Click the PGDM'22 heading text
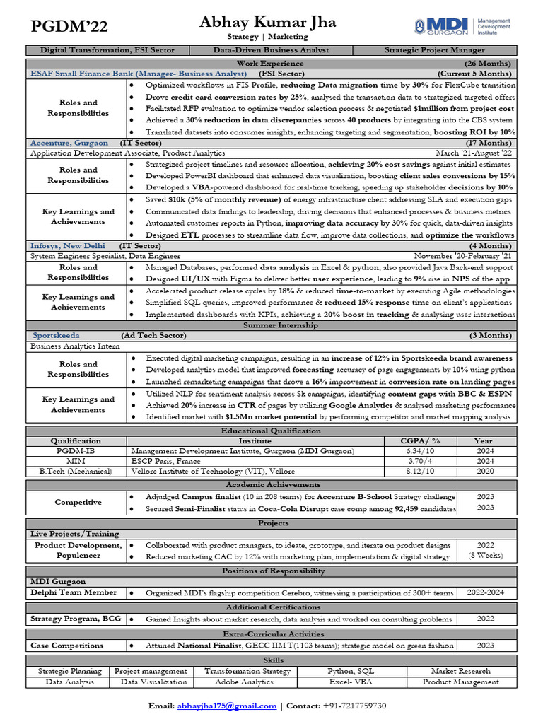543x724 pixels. (69, 28)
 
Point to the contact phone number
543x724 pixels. (354, 706)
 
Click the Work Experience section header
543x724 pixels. (271, 63)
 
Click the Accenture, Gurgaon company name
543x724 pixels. (69, 143)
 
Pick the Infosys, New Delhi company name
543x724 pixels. (70, 246)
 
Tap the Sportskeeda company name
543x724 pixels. (57, 335)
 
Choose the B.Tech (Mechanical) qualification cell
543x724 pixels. (76, 471)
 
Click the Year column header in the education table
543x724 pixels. (484, 440)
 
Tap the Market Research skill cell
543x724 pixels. (460, 671)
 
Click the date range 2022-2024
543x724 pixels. (486, 592)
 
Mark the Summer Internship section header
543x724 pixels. (271, 325)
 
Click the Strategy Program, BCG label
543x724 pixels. (76, 619)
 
